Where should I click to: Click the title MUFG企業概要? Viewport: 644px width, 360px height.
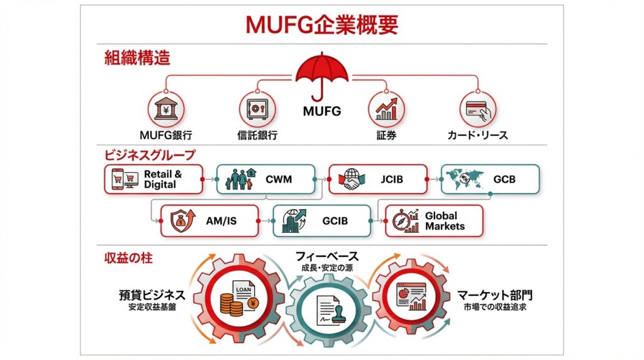coord(321,24)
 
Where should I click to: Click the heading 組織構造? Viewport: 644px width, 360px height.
coord(137,59)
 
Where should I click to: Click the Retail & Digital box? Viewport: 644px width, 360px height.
coord(154,179)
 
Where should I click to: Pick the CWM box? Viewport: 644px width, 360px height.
coord(266,179)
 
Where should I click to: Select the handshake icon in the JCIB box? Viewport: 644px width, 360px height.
coord(347,180)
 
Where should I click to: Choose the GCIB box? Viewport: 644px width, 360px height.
coord(321,220)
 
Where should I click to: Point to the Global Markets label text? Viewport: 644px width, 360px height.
coord(445,220)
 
